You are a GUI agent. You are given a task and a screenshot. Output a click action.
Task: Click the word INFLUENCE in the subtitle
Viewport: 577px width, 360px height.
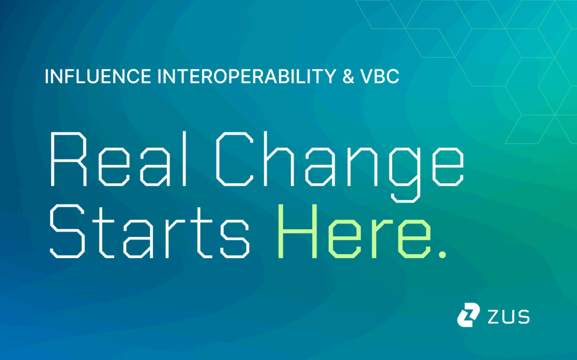(98, 76)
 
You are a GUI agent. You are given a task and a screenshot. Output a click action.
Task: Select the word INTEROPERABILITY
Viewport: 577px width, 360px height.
(247, 76)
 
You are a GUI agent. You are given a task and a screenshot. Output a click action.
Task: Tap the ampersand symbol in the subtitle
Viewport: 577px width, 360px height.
(348, 76)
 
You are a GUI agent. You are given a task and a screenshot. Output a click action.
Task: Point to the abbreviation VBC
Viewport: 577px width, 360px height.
(380, 76)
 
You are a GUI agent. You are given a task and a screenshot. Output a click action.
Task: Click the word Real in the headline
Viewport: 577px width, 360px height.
(119, 159)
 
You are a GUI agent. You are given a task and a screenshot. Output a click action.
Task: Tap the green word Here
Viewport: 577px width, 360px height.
(354, 231)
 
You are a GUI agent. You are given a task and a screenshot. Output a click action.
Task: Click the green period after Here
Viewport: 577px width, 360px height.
(442, 254)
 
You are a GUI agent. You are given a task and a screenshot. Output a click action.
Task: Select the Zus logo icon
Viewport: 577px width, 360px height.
(468, 315)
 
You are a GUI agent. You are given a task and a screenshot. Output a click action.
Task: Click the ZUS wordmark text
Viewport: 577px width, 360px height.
(509, 317)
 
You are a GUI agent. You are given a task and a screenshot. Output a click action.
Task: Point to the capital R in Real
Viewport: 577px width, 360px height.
(68, 159)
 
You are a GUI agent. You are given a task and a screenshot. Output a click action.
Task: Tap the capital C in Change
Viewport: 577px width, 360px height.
(234, 159)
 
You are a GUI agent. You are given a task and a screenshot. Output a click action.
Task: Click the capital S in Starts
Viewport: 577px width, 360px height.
(68, 231)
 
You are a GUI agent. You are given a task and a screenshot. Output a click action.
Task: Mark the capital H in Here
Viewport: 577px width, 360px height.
(298, 231)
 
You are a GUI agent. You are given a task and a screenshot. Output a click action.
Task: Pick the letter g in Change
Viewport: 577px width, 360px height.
(405, 175)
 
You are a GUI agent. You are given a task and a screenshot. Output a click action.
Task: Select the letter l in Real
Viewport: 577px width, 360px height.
(185, 159)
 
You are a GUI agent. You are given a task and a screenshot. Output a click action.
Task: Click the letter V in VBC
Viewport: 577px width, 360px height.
(367, 76)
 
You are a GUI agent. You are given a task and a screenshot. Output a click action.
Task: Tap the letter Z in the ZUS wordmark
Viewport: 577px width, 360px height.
(494, 317)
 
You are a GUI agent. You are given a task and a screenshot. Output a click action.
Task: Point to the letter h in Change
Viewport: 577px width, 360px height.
(278, 159)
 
